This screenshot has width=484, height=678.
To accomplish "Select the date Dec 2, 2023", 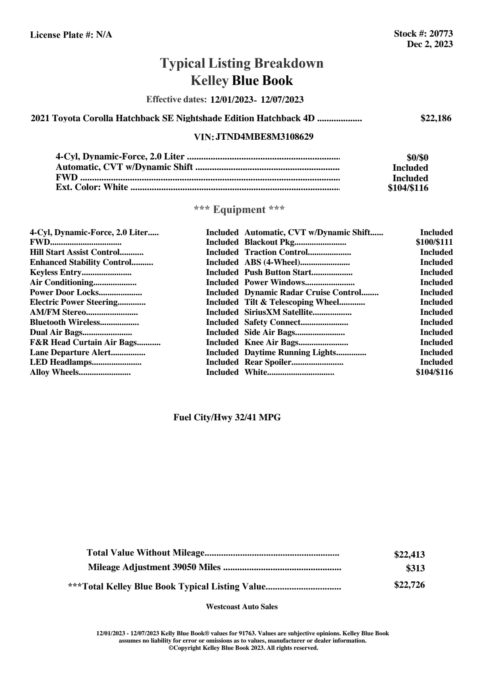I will coord(430,44).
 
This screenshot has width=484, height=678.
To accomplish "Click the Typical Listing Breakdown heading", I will coord(242,63).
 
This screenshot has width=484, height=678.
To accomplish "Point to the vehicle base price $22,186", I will coord(436,118).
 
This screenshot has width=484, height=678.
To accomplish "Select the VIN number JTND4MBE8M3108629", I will coord(264,137).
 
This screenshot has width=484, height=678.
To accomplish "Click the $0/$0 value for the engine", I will coord(418,158).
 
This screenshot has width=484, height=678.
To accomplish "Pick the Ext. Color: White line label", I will coord(92,187).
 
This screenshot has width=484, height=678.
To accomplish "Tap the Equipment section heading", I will coord(239,210).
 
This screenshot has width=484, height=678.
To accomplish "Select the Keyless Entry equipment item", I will coord(56,272).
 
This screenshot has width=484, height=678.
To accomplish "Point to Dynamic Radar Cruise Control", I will coord(303,292).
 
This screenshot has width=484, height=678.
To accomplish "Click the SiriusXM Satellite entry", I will coord(278,312).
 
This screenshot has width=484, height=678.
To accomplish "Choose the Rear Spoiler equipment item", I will coord(268,362).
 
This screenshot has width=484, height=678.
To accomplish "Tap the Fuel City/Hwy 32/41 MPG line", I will coord(227,418).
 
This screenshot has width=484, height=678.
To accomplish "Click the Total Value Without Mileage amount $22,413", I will coord(409,555).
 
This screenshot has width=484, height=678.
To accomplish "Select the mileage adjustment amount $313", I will coord(415,568).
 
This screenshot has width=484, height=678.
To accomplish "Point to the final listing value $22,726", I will coord(409,585).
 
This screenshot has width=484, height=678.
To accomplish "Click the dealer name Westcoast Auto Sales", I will coord(241,607).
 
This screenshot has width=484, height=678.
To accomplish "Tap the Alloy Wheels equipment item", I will coord(54,372).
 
